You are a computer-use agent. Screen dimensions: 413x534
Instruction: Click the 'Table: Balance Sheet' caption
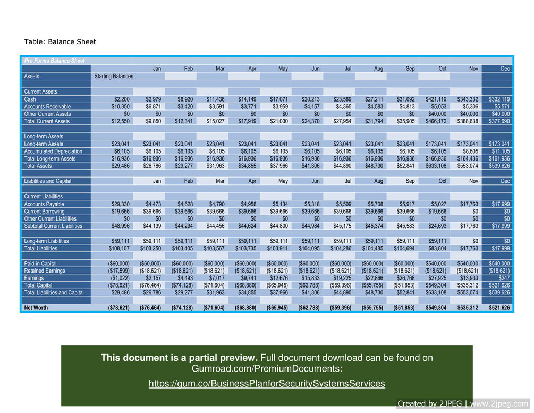(x=60, y=41)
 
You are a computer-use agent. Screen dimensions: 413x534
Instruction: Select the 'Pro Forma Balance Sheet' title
(x=54, y=61)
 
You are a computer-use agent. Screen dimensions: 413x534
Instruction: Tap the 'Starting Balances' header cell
(x=113, y=77)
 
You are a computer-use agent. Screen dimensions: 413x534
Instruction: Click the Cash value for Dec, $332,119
(x=499, y=99)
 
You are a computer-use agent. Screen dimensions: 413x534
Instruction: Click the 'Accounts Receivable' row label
(x=47, y=107)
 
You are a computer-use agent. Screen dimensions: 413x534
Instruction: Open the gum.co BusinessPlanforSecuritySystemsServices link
(x=266, y=384)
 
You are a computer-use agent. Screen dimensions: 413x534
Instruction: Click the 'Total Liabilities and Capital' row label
(x=54, y=293)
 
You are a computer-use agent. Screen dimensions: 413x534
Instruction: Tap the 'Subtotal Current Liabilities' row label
(x=53, y=226)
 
